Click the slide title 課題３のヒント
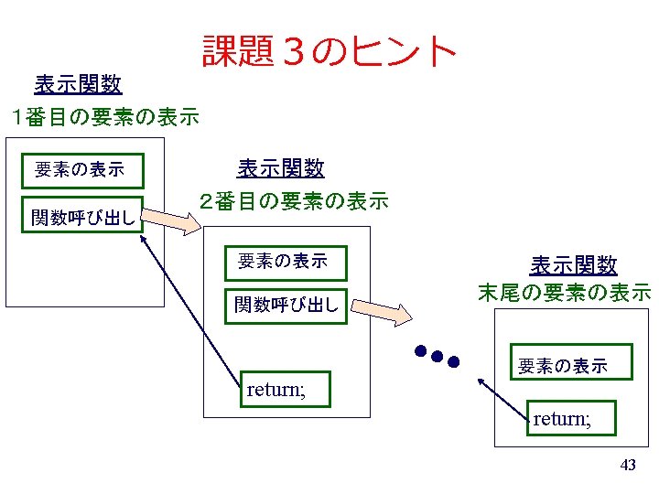click(329, 51)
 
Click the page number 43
click(628, 466)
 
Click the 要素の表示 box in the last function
click(562, 366)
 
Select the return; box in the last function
click(574, 420)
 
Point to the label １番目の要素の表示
click(101, 117)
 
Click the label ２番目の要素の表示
click(294, 200)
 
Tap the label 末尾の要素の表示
click(565, 294)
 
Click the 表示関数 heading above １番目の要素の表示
click(78, 85)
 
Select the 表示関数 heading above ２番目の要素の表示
click(280, 168)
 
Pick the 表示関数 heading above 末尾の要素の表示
click(574, 265)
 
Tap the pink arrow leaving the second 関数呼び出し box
click(379, 311)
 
